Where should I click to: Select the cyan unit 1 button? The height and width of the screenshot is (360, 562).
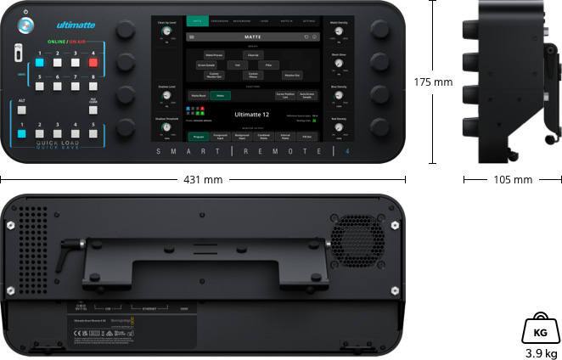tap(38, 62)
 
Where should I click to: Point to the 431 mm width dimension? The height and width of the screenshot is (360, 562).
tap(202, 179)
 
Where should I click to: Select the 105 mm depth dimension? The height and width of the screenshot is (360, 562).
tap(513, 179)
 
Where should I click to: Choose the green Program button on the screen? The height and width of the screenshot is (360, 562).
tap(198, 136)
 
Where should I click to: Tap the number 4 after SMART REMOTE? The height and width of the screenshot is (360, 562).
tap(346, 151)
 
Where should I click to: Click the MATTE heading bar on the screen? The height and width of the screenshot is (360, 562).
tap(253, 37)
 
